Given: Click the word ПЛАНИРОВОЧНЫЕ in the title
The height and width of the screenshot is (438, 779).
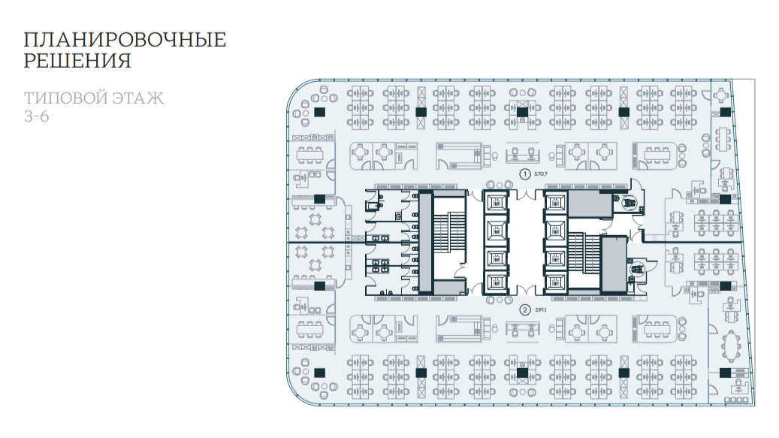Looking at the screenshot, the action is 125,40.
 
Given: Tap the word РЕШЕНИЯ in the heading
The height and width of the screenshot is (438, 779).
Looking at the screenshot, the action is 77,61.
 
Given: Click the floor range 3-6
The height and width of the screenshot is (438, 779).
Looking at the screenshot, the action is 36,116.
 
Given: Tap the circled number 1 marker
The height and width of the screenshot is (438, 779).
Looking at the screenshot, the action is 524,174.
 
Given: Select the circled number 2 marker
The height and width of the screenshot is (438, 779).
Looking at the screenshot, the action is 524,310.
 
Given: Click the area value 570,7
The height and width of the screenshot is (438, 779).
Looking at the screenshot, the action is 541,174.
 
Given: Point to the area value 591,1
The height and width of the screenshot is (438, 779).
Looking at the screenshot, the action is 541,310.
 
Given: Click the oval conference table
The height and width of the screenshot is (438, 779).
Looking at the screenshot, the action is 732,346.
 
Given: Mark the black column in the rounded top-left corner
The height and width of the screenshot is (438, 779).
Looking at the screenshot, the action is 319,112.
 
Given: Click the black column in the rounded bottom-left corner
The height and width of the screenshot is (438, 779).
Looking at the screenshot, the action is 319,373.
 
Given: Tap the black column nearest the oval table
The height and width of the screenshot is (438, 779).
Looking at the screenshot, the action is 725,373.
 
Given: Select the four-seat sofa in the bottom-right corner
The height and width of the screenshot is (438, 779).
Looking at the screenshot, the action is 736,400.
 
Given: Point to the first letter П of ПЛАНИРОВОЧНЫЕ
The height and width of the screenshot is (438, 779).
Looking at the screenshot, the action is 31,40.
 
